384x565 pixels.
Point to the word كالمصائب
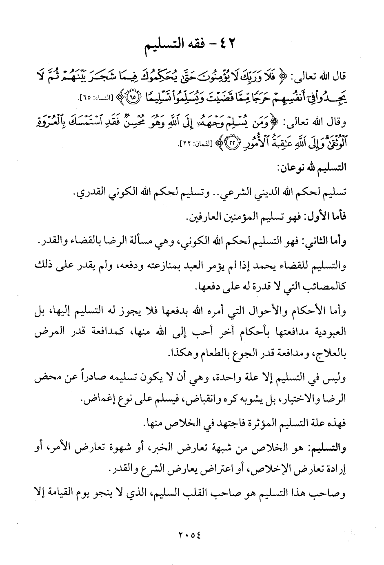click(x=322, y=287)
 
